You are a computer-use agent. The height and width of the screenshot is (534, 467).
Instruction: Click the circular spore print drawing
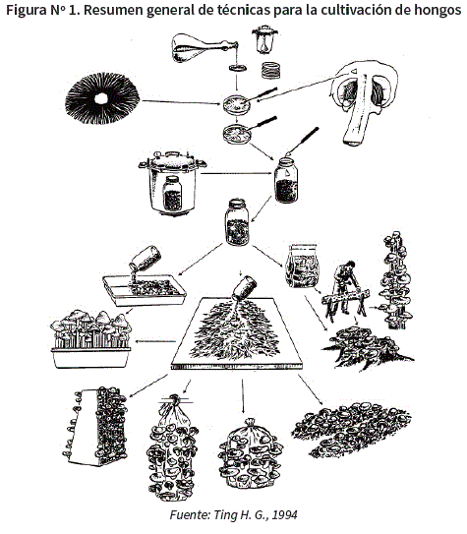102,98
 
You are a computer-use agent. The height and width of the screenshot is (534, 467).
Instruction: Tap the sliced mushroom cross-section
363,102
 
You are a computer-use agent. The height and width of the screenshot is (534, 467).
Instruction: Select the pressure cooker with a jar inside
172,183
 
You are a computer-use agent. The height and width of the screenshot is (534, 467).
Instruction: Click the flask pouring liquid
203,47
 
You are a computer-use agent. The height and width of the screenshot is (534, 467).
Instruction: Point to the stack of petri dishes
270,70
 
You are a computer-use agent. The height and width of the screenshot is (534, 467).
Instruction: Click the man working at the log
345,286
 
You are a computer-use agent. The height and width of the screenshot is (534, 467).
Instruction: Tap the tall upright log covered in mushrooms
396,280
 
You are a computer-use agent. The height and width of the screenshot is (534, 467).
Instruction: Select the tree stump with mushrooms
368,347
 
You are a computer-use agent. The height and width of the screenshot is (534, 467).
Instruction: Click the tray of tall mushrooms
90,339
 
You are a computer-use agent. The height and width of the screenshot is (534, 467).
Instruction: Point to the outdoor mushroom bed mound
351,430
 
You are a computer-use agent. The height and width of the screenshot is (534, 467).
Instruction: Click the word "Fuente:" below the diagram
190,514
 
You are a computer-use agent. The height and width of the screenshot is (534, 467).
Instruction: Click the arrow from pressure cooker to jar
238,173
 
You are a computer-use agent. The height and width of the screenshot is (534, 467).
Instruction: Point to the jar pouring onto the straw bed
245,287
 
